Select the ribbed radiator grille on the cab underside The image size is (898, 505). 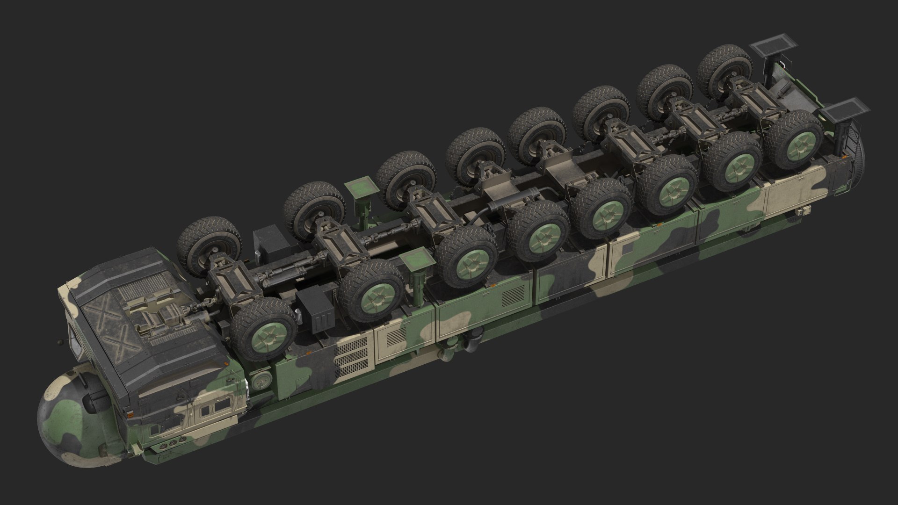click(x=141, y=280)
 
